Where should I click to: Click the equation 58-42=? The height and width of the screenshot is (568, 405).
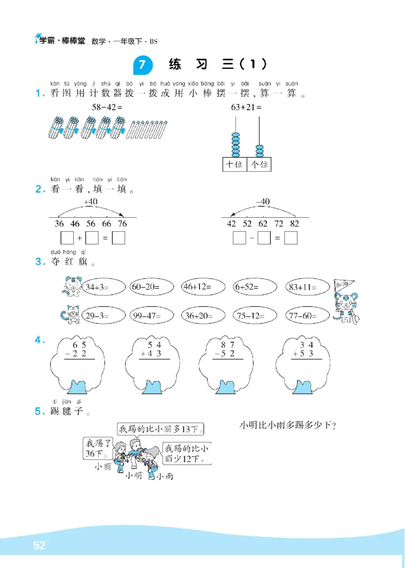(107, 107)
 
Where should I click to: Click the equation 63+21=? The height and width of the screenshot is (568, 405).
(247, 107)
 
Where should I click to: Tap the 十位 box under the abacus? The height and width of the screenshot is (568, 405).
(234, 165)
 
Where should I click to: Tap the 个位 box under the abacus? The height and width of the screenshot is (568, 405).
(259, 165)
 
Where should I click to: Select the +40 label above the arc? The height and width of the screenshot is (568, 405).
(90, 201)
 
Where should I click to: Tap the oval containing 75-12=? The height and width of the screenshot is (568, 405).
(255, 316)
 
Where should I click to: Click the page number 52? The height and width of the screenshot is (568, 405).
(39, 546)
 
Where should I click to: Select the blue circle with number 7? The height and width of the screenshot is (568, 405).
(142, 65)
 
